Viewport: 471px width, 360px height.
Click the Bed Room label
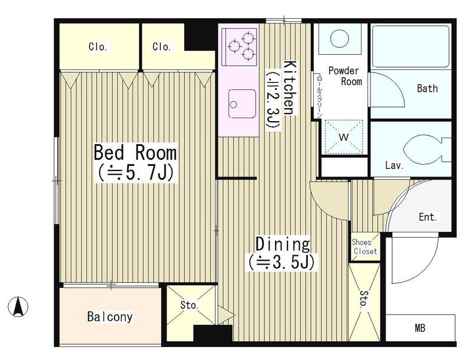click(135, 152)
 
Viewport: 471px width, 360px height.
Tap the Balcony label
click(110, 317)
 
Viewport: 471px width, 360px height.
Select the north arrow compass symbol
click(18, 306)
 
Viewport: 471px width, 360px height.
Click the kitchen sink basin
click(242, 104)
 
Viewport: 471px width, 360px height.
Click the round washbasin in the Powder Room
click(340, 38)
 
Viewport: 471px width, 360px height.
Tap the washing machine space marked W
click(344, 137)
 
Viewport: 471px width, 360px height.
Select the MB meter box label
click(420, 328)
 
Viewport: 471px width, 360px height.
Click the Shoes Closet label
click(364, 246)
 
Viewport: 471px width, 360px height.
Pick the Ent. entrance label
click(428, 217)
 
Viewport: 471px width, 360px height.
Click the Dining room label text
click(283, 244)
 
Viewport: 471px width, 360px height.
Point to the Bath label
click(427, 88)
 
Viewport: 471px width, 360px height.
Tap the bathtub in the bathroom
click(410, 46)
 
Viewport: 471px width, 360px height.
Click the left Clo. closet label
click(98, 47)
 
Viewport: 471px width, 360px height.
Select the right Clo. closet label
click(161, 46)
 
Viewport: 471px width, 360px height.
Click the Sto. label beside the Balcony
click(190, 305)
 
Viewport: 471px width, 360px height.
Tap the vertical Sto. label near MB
click(364, 299)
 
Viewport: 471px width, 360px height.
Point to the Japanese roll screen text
click(319, 96)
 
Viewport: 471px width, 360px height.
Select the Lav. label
click(394, 165)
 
